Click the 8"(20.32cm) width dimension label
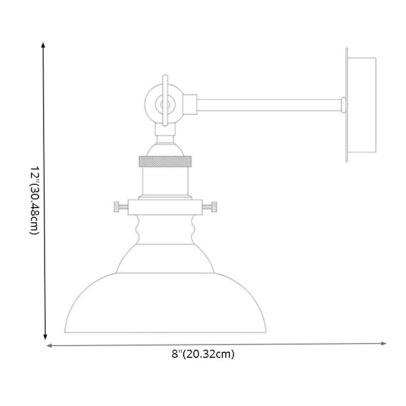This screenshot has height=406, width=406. pos(203,354)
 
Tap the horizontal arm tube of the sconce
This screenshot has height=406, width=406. pos(269,104)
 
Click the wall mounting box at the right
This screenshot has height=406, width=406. pos(362,105)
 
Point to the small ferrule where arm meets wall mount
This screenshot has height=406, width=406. pos(343,104)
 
